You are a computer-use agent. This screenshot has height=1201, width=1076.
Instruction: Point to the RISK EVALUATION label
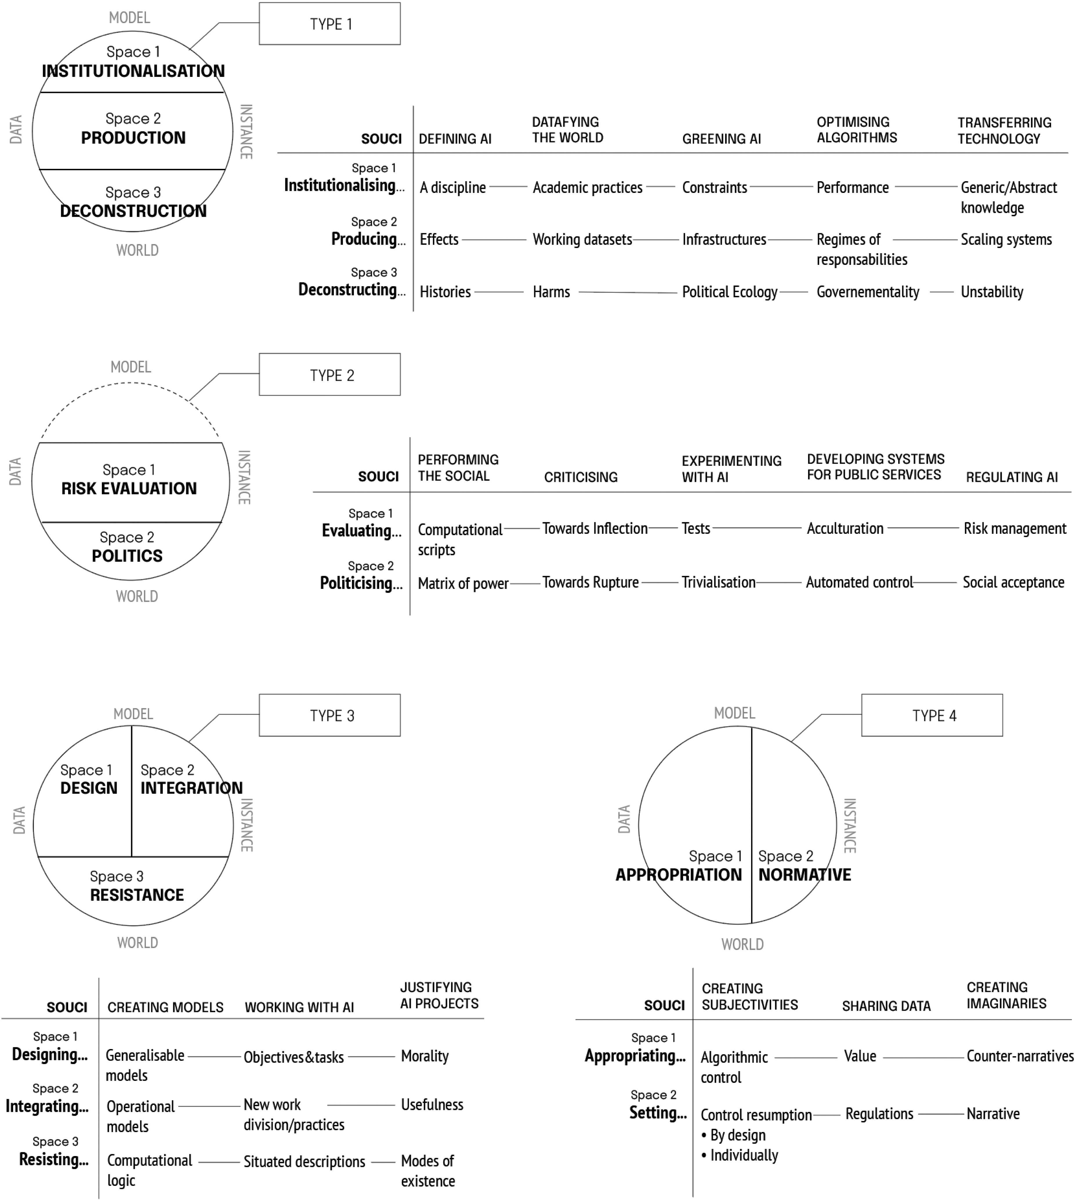coord(129,489)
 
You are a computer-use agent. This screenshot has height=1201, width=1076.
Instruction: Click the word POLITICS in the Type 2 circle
coord(127,556)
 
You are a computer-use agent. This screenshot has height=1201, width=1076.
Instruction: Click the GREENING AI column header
coord(721,139)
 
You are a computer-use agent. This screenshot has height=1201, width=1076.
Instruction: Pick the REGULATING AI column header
coord(1012,477)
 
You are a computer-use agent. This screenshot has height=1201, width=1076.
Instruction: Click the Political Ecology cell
coord(729,292)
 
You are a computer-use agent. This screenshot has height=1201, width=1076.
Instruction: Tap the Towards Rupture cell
coord(590,583)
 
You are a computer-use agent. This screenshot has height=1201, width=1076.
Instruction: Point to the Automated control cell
coord(859,583)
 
